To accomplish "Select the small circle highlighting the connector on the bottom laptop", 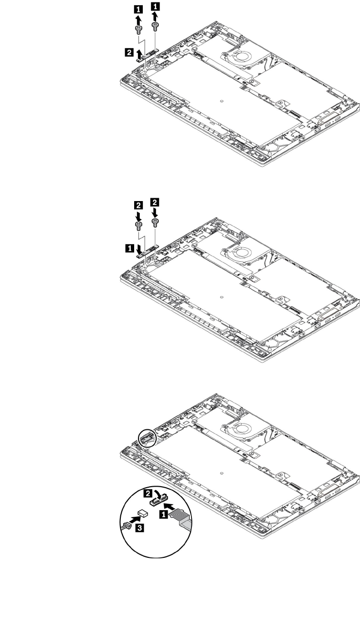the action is [147, 436].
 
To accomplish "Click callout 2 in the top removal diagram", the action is [128, 51].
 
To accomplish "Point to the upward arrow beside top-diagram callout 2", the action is [138, 53].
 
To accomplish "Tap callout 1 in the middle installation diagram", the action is [129, 247].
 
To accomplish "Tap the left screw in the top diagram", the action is [138, 30].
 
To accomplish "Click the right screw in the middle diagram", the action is [155, 222].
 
